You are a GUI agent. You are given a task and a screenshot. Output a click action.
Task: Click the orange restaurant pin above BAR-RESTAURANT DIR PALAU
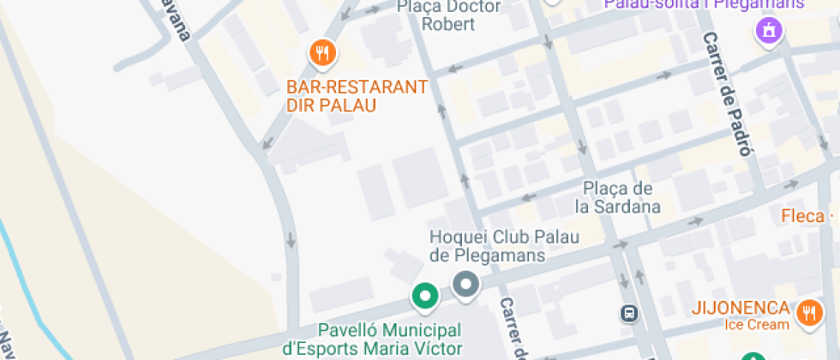pyautogui.click(x=322, y=54)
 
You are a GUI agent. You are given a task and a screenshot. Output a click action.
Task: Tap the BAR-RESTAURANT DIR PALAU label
pyautogui.click(x=357, y=96)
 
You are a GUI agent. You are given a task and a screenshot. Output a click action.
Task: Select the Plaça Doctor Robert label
pyautogui.click(x=448, y=15)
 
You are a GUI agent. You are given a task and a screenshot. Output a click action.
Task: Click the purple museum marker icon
pyautogui.click(x=769, y=33)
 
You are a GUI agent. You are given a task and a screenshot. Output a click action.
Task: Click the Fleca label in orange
pyautogui.click(x=801, y=215)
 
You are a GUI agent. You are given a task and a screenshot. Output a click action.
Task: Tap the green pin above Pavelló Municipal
pyautogui.click(x=424, y=297)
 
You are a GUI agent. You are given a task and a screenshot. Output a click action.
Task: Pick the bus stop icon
pyautogui.click(x=630, y=313)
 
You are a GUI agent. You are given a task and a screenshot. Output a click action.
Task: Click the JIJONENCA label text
pyautogui.click(x=741, y=308)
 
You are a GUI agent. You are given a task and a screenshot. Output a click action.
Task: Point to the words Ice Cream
pyautogui.click(x=755, y=325)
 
